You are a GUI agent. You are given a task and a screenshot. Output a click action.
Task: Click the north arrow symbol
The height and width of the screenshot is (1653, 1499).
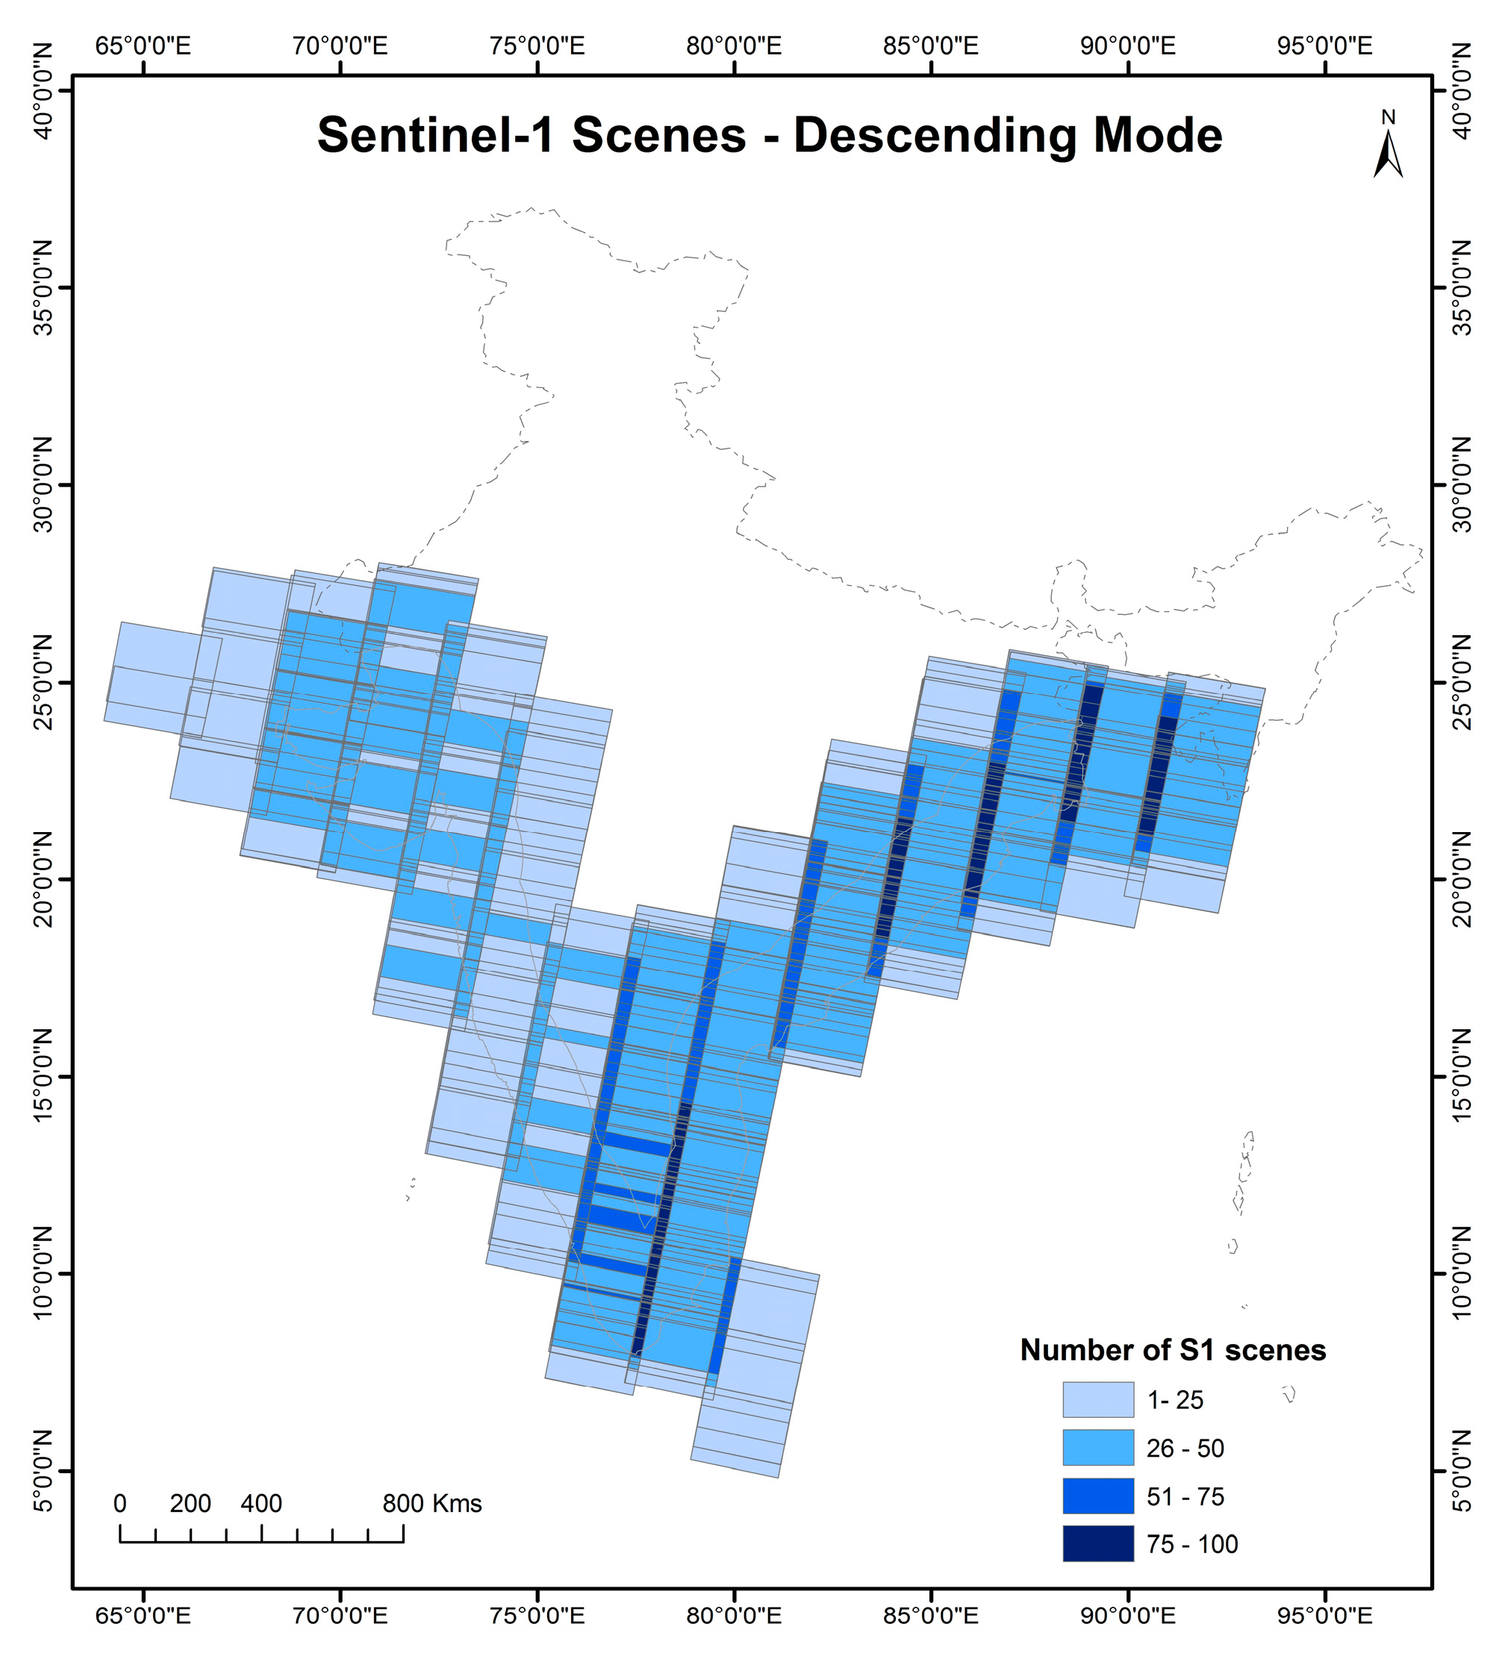(1388, 156)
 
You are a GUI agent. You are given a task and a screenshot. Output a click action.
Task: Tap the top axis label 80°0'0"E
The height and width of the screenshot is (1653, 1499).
(734, 46)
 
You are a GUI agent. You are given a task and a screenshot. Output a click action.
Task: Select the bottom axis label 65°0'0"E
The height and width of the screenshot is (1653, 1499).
(143, 1614)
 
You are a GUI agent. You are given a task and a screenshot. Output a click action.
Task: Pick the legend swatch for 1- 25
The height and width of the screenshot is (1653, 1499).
(1098, 1399)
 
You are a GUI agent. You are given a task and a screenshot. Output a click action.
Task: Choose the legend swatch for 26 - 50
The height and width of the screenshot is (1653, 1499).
(1098, 1448)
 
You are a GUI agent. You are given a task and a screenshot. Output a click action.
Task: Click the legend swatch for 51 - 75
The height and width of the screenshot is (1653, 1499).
(1098, 1496)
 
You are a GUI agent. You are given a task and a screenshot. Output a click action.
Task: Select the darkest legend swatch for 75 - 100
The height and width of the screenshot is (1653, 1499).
(1098, 1544)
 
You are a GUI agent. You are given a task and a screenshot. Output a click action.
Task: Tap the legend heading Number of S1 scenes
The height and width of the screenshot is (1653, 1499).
(1173, 1351)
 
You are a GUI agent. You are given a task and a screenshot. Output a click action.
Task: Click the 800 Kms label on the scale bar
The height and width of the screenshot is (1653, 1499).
(432, 1504)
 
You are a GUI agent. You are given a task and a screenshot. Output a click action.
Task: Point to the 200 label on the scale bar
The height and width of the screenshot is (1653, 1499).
(190, 1504)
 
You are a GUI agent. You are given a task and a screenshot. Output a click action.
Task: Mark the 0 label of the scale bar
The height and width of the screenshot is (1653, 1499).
(119, 1504)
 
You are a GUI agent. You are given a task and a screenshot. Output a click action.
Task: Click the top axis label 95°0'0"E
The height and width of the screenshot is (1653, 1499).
(1324, 46)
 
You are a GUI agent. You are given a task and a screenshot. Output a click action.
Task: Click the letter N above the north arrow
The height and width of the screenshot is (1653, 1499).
(1388, 118)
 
